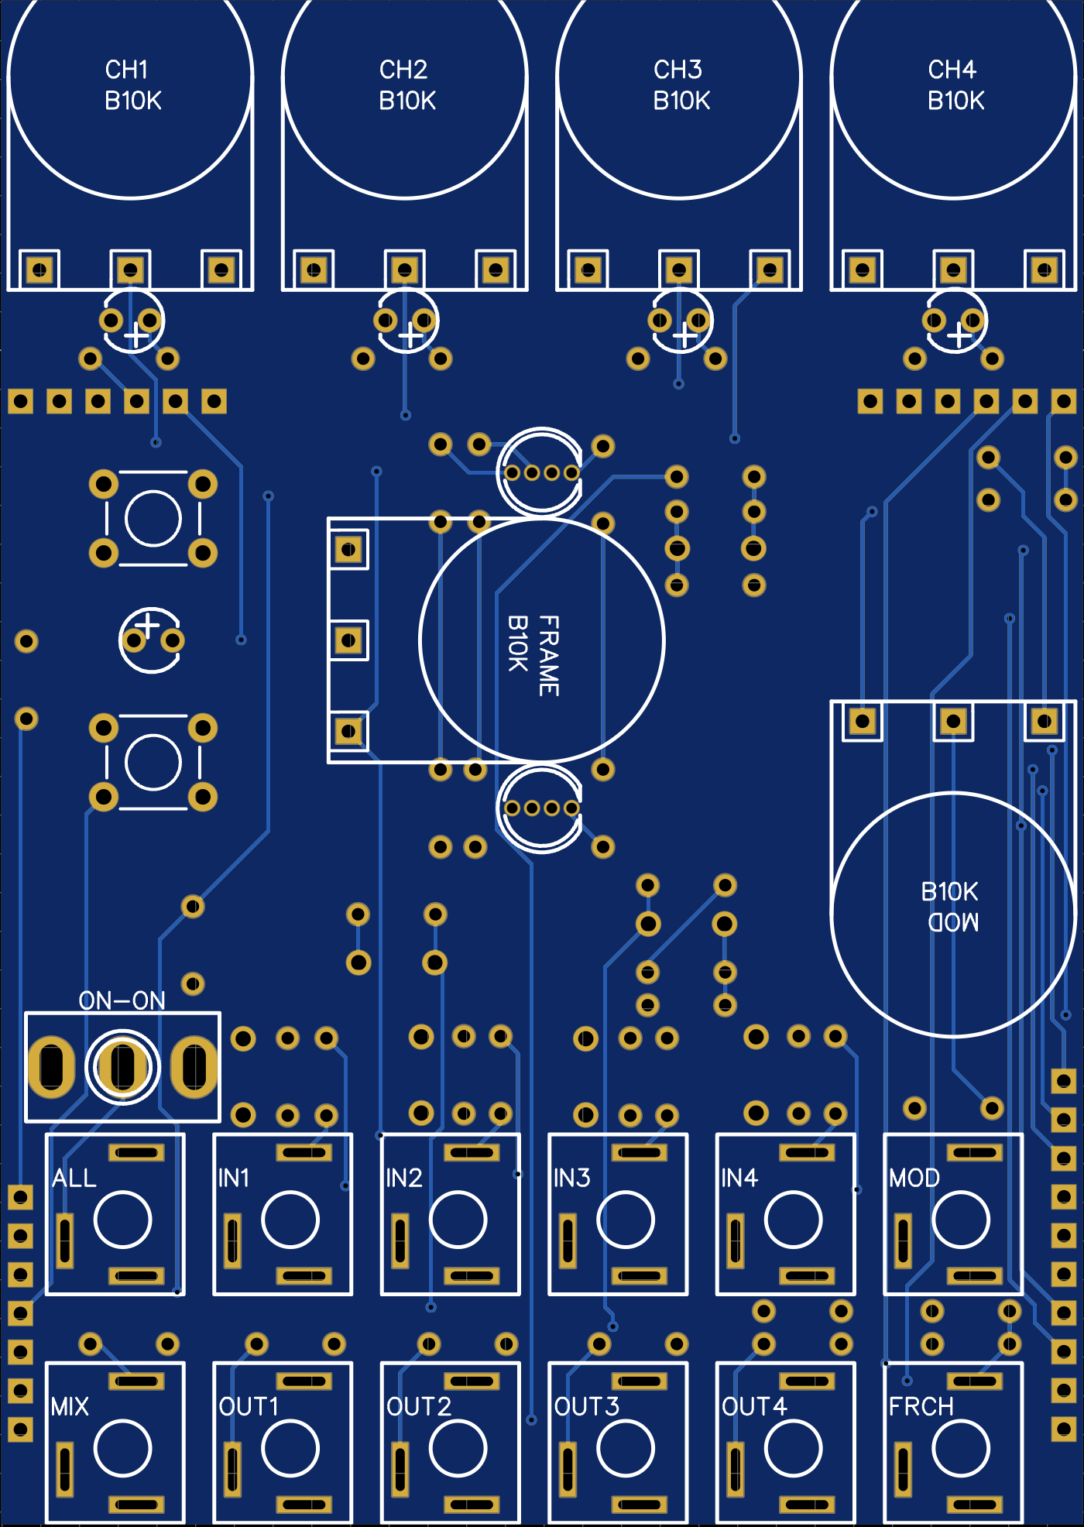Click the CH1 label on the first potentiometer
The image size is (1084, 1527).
[x=126, y=70]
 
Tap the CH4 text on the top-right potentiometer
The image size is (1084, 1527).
[x=952, y=70]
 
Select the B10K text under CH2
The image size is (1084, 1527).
[x=407, y=101]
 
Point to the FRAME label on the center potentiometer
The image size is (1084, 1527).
[x=548, y=655]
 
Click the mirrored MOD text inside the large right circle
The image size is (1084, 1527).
[x=953, y=922]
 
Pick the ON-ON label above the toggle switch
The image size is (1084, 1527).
[x=122, y=1000]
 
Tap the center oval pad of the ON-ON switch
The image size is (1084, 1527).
[x=122, y=1067]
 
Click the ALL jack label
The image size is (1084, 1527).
[x=74, y=1178]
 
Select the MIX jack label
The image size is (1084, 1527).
[x=70, y=1406]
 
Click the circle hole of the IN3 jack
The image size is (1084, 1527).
[x=626, y=1220]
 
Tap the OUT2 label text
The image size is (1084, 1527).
[x=419, y=1406]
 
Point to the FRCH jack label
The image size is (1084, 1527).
[x=921, y=1406]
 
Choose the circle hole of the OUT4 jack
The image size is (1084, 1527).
[x=793, y=1448]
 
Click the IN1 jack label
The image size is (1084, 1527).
[x=233, y=1178]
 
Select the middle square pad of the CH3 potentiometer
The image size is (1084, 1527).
[x=679, y=269]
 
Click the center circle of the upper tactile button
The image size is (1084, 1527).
[x=153, y=518]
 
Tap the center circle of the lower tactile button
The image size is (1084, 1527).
[x=153, y=762]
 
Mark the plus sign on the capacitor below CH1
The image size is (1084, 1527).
[x=137, y=336]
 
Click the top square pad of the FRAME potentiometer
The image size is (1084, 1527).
[x=348, y=550]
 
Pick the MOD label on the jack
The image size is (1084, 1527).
[x=914, y=1178]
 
